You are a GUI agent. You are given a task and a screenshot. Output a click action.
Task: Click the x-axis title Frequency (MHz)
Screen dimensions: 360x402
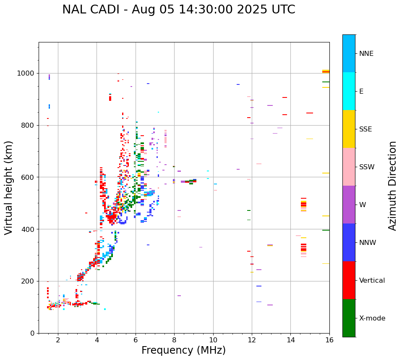pos(183,350)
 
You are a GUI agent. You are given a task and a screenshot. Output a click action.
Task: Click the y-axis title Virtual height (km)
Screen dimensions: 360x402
pos(9,187)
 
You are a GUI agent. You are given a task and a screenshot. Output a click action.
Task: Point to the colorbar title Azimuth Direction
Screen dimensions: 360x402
pos(392,186)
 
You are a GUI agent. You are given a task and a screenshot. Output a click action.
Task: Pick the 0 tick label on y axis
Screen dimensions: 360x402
pos(32,334)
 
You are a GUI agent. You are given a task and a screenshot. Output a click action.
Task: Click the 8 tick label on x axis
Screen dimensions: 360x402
pos(174,340)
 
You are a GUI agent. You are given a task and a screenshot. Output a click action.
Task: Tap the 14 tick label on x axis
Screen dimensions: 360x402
pos(290,340)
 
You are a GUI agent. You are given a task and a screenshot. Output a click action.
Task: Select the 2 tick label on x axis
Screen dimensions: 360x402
pos(58,340)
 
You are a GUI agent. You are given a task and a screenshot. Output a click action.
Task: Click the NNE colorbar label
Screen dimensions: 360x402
pos(366,54)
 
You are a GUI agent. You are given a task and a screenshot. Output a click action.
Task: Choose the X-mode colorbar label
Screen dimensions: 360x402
pos(372,318)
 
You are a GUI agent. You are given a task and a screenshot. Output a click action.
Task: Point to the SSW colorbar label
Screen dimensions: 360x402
pos(367,167)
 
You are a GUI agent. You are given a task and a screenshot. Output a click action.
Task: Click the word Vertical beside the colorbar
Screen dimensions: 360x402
pos(372,281)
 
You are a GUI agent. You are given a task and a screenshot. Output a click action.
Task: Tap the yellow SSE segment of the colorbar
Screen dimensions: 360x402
pos(349,129)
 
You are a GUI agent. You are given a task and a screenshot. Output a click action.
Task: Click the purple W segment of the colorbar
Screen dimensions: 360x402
pos(349,205)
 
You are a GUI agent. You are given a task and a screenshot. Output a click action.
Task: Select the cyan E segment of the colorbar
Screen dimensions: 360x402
pos(349,91)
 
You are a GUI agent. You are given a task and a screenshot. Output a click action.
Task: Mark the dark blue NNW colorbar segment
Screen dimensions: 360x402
pos(349,242)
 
